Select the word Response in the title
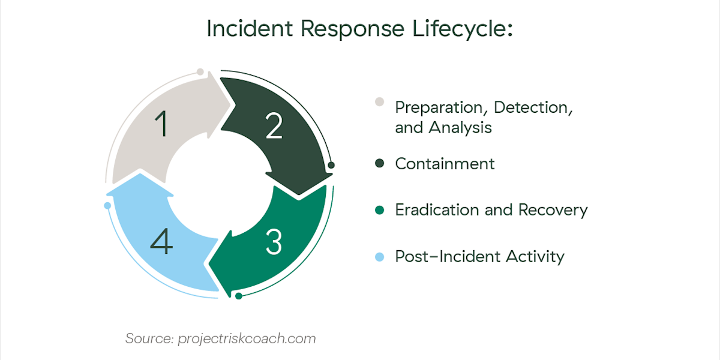340,29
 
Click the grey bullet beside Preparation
379,101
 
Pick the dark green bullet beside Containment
379,164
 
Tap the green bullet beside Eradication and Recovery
379,210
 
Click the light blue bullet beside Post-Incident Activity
379,257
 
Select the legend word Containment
445,164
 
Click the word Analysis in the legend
460,128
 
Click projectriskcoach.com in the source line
247,338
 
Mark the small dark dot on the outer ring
331,164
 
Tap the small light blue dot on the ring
107,206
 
